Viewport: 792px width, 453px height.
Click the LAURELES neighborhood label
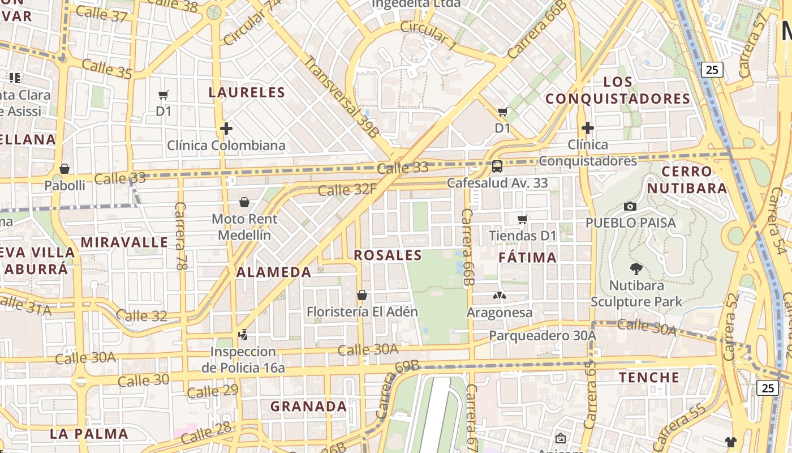pyautogui.click(x=247, y=92)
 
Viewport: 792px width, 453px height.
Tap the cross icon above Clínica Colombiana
pyautogui.click(x=226, y=129)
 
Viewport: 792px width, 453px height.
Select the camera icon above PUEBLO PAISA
pyautogui.click(x=630, y=206)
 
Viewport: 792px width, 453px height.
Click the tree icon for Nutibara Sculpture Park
pyautogui.click(x=636, y=268)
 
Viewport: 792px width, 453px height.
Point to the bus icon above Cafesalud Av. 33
pyautogui.click(x=497, y=166)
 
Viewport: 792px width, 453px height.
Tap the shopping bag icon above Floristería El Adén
pyautogui.click(x=362, y=295)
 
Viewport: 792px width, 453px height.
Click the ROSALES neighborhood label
pyautogui.click(x=388, y=255)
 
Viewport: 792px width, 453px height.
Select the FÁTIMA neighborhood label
pyautogui.click(x=528, y=258)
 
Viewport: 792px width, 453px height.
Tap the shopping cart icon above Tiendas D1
pyautogui.click(x=523, y=219)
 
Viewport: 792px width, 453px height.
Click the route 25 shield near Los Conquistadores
pyautogui.click(x=712, y=70)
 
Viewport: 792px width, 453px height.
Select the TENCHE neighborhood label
pyautogui.click(x=649, y=377)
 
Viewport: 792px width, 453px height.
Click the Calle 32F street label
pyautogui.click(x=347, y=190)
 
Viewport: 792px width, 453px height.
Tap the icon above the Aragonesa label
pyautogui.click(x=499, y=295)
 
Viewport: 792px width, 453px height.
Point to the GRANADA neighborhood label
pyautogui.click(x=308, y=407)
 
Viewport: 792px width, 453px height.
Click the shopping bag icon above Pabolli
pyautogui.click(x=64, y=169)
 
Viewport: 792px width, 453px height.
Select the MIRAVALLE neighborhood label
pyautogui.click(x=124, y=242)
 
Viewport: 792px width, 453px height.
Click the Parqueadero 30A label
pyautogui.click(x=542, y=336)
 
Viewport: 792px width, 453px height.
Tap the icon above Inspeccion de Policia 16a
pyautogui.click(x=243, y=335)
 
